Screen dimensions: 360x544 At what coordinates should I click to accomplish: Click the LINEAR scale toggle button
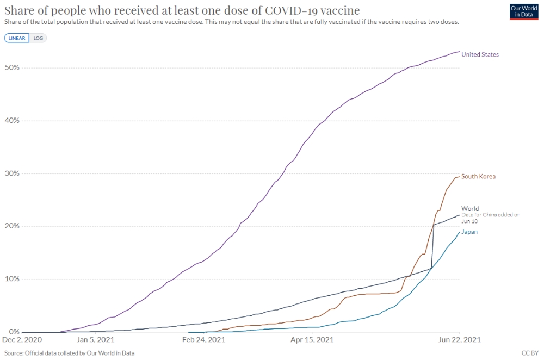(17, 38)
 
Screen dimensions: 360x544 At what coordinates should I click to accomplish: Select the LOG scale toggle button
(38, 38)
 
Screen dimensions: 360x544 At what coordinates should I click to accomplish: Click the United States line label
(480, 54)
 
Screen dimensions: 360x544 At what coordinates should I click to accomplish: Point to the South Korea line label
(478, 177)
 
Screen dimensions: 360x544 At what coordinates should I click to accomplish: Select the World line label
(470, 209)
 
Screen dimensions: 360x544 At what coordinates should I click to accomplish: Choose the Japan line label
(469, 232)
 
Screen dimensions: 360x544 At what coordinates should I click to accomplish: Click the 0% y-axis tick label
(14, 332)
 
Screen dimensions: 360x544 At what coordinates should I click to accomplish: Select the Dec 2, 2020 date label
(22, 340)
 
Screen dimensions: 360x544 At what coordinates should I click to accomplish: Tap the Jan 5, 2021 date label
(96, 340)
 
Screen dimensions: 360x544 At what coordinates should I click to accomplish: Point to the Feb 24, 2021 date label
(203, 340)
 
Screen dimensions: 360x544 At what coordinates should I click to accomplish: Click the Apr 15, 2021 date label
(312, 340)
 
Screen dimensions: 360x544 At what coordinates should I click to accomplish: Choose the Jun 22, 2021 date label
(460, 340)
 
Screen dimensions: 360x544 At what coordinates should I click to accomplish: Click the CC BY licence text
(530, 353)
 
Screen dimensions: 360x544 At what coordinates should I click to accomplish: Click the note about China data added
(491, 218)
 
